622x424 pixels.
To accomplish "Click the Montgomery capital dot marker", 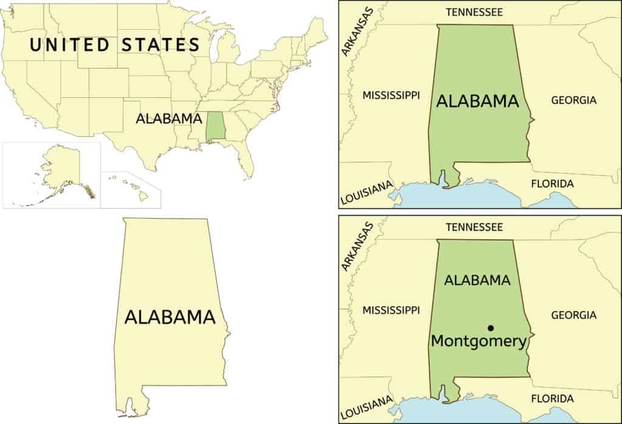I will pyautogui.click(x=490, y=328).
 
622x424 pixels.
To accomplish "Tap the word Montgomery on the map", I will pyautogui.click(x=478, y=341).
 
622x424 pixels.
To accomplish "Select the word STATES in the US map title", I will pyautogui.click(x=161, y=44).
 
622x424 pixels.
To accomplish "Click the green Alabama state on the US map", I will pyautogui.click(x=214, y=126).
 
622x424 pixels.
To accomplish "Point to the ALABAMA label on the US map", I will pyautogui.click(x=168, y=118).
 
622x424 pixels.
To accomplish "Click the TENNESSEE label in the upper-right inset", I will pyautogui.click(x=474, y=12).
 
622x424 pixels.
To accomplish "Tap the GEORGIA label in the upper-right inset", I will pyautogui.click(x=573, y=100).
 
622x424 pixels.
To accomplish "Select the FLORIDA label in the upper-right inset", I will pyautogui.click(x=552, y=183).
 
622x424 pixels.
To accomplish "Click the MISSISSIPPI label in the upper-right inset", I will pyautogui.click(x=391, y=95).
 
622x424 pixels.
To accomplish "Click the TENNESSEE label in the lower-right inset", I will pyautogui.click(x=474, y=227).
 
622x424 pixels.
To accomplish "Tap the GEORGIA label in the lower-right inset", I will pyautogui.click(x=573, y=315).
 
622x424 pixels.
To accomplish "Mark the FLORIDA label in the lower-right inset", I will pyautogui.click(x=552, y=398).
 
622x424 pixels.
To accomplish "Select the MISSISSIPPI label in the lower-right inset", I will pyautogui.click(x=391, y=310).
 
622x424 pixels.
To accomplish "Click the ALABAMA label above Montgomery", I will pyautogui.click(x=477, y=280).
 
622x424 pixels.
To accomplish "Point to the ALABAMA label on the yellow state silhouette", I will pyautogui.click(x=170, y=316).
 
